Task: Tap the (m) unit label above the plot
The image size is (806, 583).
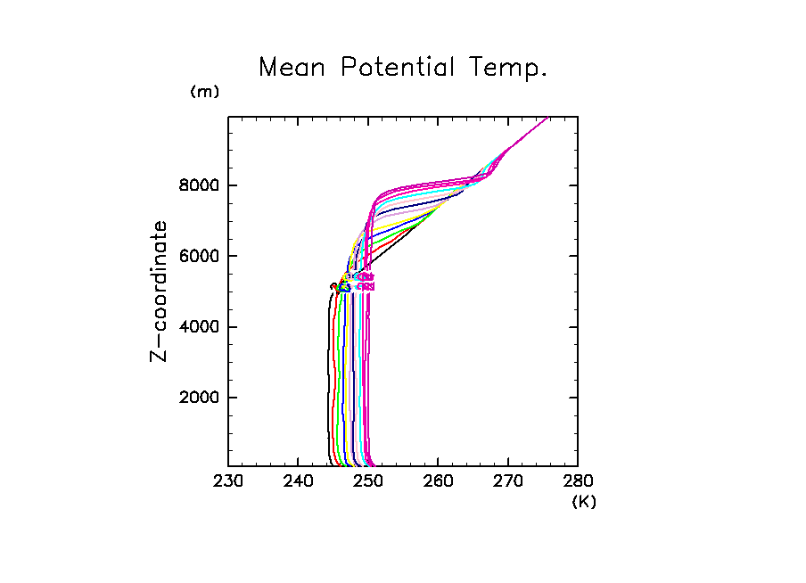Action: (x=204, y=92)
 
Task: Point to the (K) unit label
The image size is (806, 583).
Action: (x=584, y=502)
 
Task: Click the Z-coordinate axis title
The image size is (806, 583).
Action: (x=160, y=291)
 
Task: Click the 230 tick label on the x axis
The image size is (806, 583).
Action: (x=228, y=482)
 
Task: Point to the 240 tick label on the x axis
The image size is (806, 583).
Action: (x=298, y=482)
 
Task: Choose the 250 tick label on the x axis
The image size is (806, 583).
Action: (x=368, y=482)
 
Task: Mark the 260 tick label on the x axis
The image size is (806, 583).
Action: (x=438, y=482)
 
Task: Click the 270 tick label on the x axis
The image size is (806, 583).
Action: (x=507, y=482)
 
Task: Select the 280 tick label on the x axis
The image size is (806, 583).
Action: (x=577, y=482)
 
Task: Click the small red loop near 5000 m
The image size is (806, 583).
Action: (x=333, y=286)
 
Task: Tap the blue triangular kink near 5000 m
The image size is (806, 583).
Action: (x=344, y=287)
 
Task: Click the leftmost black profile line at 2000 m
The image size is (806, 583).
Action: (x=327, y=398)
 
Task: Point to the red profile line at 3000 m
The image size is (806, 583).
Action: (x=333, y=362)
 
